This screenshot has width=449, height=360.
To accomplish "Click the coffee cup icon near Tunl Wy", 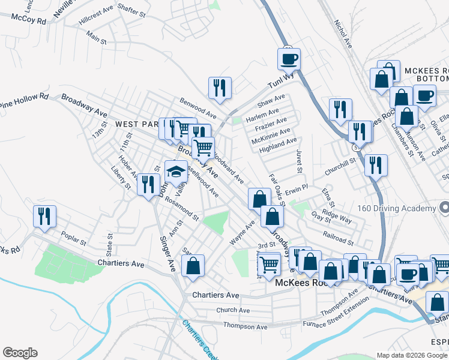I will point(289,59).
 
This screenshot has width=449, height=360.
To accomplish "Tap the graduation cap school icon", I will point(176,171).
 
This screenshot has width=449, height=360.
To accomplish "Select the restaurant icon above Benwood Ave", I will point(220,88).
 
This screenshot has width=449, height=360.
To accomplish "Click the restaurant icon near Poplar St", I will point(44,216).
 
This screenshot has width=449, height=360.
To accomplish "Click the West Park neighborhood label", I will point(137,124).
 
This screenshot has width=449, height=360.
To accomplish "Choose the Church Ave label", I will point(233,310).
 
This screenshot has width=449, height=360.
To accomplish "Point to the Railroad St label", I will point(338,239).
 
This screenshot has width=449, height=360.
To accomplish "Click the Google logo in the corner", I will point(20,353).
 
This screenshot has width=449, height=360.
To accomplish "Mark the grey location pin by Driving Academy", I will point(444,208).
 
